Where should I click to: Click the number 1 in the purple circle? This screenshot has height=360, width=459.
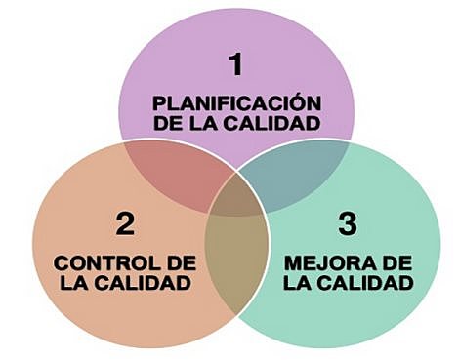[234, 65]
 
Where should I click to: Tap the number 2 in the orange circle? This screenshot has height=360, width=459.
[124, 224]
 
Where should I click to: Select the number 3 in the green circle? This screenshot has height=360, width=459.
[347, 224]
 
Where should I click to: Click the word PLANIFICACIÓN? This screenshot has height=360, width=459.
[235, 102]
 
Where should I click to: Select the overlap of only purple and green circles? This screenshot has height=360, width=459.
[293, 176]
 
